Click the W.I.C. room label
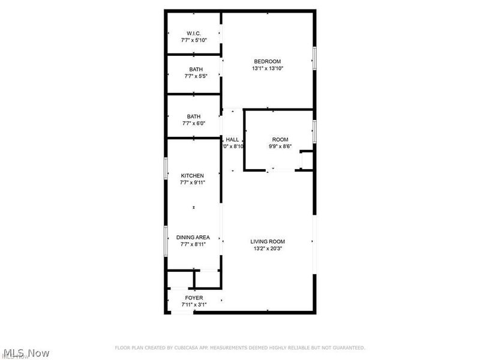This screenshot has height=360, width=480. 193,32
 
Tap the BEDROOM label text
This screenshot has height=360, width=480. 267,61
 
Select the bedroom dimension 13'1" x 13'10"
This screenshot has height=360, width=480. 267,68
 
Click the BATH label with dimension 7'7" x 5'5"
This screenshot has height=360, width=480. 195,70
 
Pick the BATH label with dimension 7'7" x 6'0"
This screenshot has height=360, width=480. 193,116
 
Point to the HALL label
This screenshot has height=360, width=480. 233,139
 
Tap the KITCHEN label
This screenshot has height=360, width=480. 193,176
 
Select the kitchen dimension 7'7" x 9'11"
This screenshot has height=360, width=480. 193,183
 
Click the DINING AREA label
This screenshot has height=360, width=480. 193,237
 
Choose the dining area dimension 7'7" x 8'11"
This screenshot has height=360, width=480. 193,244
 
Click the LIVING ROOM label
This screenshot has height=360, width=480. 267,241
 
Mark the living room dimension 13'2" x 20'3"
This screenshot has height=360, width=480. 267,248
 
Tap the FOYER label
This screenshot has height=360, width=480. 193,298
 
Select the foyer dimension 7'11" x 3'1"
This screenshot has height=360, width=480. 193,305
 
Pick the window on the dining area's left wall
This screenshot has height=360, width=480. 166,241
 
